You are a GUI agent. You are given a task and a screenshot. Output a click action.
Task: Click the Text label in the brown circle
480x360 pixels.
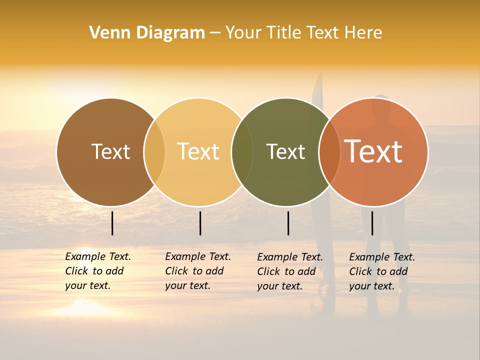(110, 151)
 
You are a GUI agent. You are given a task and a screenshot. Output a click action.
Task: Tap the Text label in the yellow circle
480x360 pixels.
(198, 151)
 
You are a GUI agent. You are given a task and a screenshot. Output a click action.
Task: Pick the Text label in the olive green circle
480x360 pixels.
(285, 151)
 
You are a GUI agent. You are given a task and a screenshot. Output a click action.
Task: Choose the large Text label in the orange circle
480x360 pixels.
(373, 151)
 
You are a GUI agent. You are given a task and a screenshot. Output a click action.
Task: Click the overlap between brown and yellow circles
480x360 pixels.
(154, 151)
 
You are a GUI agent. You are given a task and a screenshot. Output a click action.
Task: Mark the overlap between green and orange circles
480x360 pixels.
(329, 151)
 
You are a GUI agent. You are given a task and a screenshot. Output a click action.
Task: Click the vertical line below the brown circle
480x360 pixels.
(112, 223)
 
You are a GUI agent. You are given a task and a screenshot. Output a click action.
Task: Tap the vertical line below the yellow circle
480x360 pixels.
(200, 223)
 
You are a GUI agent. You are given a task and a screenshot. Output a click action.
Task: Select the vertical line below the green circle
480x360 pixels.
(288, 223)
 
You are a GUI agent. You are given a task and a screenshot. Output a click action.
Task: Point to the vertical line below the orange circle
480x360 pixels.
(372, 223)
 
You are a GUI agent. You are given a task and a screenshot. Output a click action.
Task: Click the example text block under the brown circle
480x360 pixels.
(97, 271)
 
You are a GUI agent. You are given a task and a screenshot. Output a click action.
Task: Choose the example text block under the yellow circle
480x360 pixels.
(197, 271)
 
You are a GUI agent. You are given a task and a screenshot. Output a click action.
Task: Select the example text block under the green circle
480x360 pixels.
(289, 271)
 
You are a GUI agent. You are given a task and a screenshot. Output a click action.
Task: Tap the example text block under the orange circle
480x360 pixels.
(381, 271)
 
